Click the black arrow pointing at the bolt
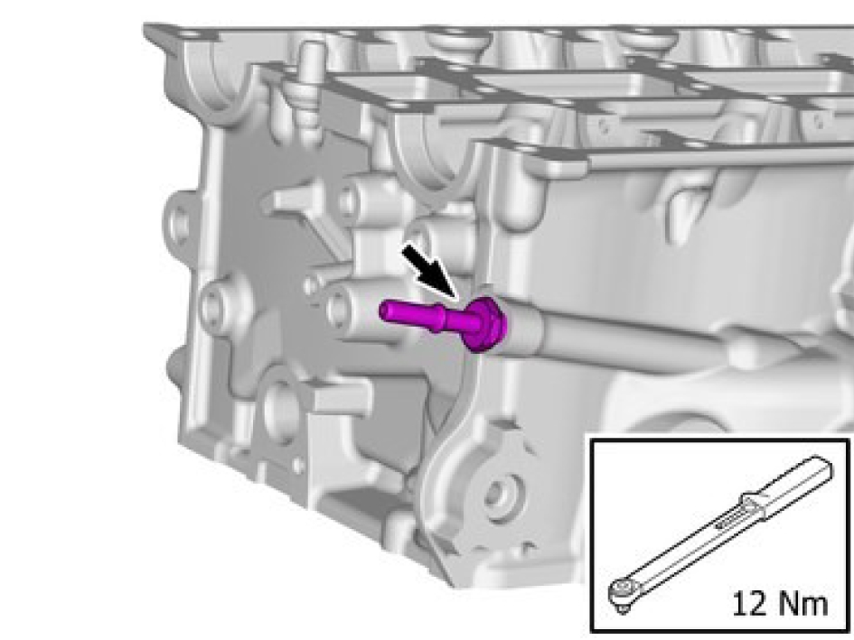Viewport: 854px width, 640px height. pyautogui.click(x=430, y=272)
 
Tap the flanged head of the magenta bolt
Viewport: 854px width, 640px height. pyautogui.click(x=486, y=324)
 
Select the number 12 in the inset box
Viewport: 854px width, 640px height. pyautogui.click(x=750, y=604)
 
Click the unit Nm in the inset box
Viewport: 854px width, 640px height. pyautogui.click(x=802, y=604)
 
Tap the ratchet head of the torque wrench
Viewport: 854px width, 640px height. pyautogui.click(x=624, y=591)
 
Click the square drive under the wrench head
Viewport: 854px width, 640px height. pyautogui.click(x=622, y=608)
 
